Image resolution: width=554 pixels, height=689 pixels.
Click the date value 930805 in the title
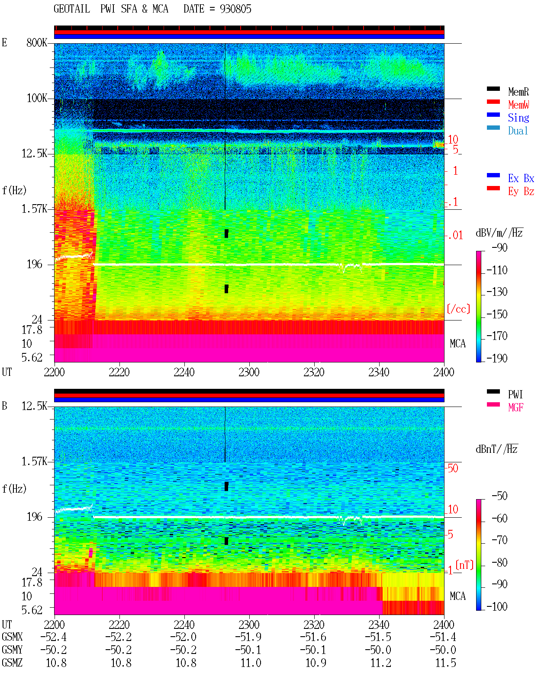pyautogui.click(x=235, y=9)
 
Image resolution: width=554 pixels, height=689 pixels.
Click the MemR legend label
pyautogui.click(x=519, y=92)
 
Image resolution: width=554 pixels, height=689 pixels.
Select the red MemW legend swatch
pyautogui.click(x=493, y=102)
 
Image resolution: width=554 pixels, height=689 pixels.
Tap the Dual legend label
pyautogui.click(x=518, y=131)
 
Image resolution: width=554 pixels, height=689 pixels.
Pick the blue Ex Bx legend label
pyautogui.click(x=521, y=178)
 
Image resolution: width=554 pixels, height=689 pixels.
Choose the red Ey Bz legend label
pyautogui.click(x=521, y=191)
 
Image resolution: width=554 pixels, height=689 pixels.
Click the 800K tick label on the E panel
pyautogui.click(x=36, y=42)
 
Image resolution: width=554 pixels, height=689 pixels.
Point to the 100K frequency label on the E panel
pyautogui.click(x=36, y=98)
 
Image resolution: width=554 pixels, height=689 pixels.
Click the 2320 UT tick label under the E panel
pyautogui.click(x=314, y=372)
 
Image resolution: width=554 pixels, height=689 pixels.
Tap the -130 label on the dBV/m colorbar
pyautogui.click(x=497, y=292)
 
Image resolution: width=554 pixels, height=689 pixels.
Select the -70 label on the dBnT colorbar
pyautogui.click(x=499, y=540)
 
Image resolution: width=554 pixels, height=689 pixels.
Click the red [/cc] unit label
pyautogui.click(x=458, y=309)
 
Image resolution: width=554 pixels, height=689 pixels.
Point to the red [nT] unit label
pyautogui.click(x=464, y=565)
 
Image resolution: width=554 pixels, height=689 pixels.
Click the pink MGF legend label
pyautogui.click(x=516, y=407)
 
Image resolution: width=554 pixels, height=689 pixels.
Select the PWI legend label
pyautogui.click(x=515, y=394)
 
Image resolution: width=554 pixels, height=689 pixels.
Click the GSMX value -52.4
pyautogui.click(x=54, y=637)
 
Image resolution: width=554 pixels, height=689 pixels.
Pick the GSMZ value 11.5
pyautogui.click(x=445, y=663)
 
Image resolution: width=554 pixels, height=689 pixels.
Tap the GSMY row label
pyautogui.click(x=12, y=650)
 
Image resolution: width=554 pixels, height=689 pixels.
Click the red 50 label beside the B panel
pyautogui.click(x=453, y=468)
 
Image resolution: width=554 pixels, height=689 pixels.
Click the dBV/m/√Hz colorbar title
pyautogui.click(x=499, y=233)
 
